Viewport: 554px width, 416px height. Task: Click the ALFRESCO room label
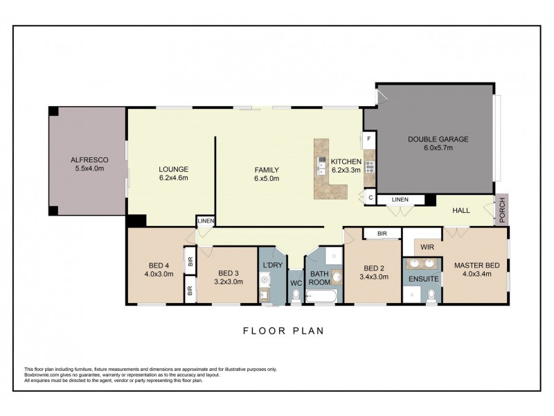click(87, 159)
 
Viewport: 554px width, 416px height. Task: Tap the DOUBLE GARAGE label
click(438, 139)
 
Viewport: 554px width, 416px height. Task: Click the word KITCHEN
click(346, 160)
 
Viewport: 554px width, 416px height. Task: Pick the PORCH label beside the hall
click(502, 211)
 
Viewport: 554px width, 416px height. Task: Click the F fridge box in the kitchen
click(370, 139)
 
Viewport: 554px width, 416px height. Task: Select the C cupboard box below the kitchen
click(370, 198)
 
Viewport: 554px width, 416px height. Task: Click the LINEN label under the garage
click(400, 200)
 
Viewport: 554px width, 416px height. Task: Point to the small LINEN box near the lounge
click(206, 221)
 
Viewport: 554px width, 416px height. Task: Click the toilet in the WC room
click(296, 296)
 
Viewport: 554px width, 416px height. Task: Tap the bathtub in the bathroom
click(323, 297)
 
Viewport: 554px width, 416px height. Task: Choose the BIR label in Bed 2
click(382, 234)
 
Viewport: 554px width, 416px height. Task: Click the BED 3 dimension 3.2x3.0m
click(229, 282)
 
